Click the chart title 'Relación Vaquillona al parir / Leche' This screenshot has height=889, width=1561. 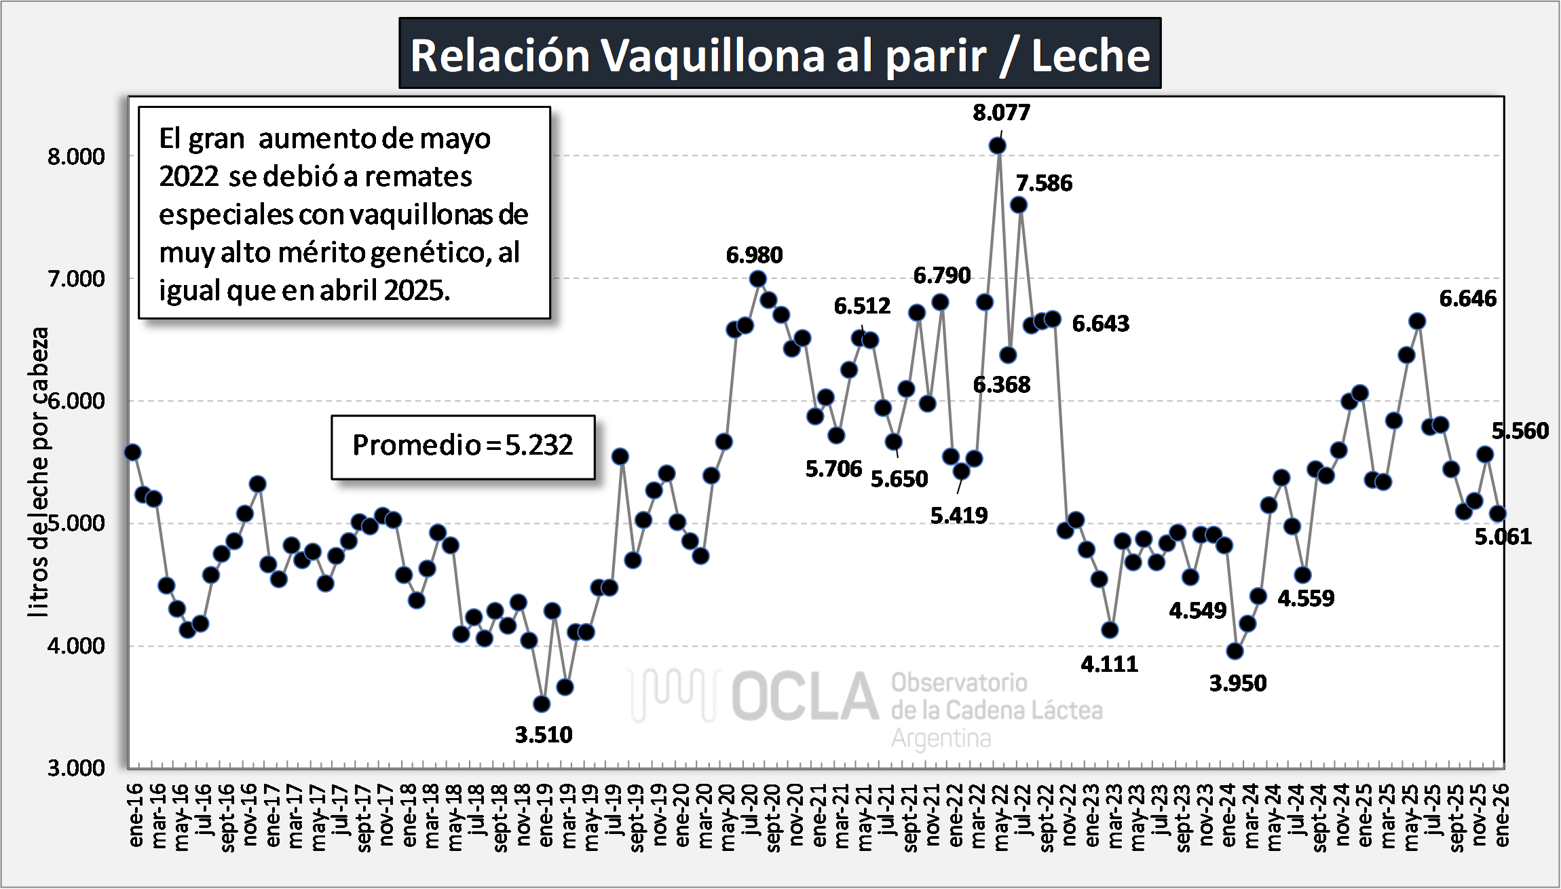780,54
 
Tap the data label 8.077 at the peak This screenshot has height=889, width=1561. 1001,113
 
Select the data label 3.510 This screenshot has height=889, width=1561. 544,734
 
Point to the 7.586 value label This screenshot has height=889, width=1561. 1044,183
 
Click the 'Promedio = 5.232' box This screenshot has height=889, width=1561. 463,446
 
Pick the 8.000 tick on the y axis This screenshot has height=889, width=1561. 76,157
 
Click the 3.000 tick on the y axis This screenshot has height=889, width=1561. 76,768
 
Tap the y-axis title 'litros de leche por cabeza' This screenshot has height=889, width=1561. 39,472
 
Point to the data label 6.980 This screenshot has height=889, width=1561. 754,255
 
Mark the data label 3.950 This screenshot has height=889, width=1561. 1238,683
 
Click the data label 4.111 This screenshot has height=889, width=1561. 1110,664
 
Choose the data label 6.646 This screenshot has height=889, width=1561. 1467,299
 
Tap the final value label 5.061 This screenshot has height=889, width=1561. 1503,537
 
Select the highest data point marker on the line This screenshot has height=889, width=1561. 997,146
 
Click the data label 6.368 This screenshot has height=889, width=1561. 1002,385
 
